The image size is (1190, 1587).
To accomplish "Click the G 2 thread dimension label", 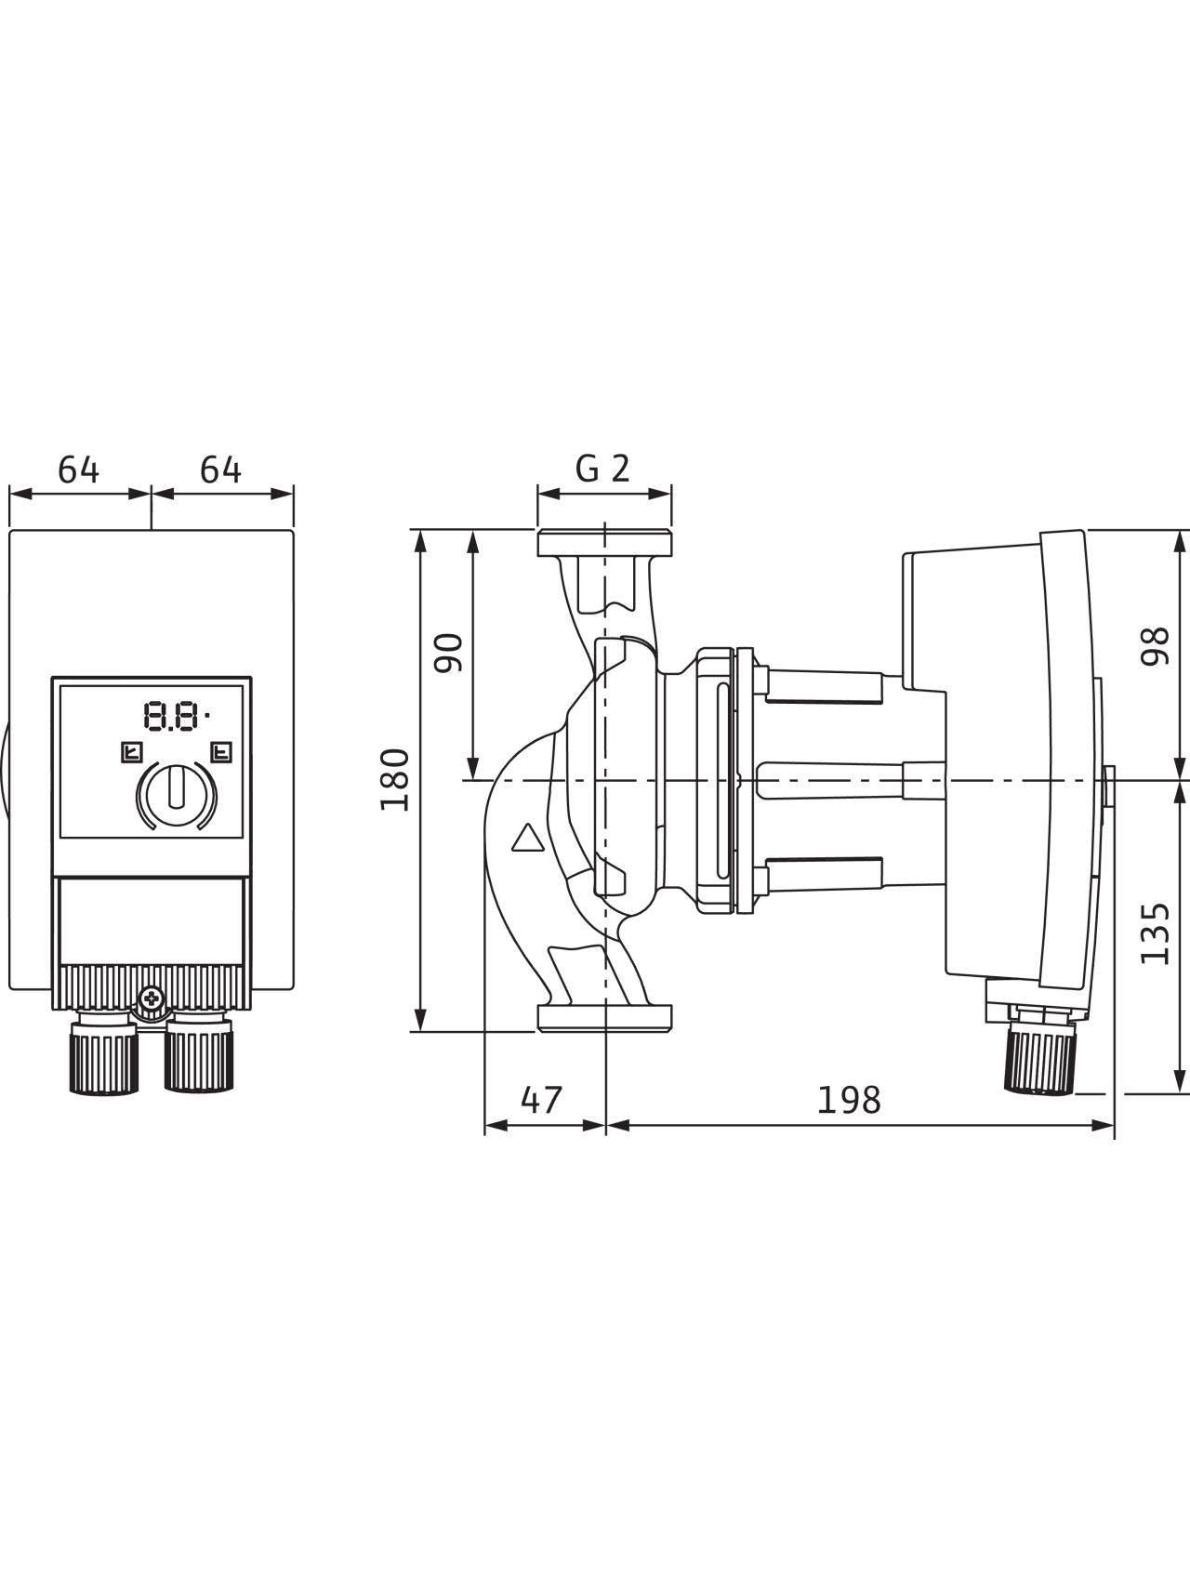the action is pyautogui.click(x=602, y=468).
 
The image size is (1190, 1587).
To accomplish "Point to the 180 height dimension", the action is pyautogui.click(x=395, y=779).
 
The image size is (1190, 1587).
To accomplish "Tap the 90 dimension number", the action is pyautogui.click(x=449, y=652).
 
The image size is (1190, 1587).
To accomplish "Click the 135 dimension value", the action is pyautogui.click(x=1155, y=932).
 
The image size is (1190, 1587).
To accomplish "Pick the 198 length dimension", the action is pyautogui.click(x=849, y=1100).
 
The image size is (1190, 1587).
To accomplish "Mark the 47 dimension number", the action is pyautogui.click(x=542, y=1100).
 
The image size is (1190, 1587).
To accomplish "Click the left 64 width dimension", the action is pyautogui.click(x=79, y=469).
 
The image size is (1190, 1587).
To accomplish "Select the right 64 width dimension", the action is pyautogui.click(x=221, y=469).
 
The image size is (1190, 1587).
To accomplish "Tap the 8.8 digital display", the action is pyautogui.click(x=174, y=716).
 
